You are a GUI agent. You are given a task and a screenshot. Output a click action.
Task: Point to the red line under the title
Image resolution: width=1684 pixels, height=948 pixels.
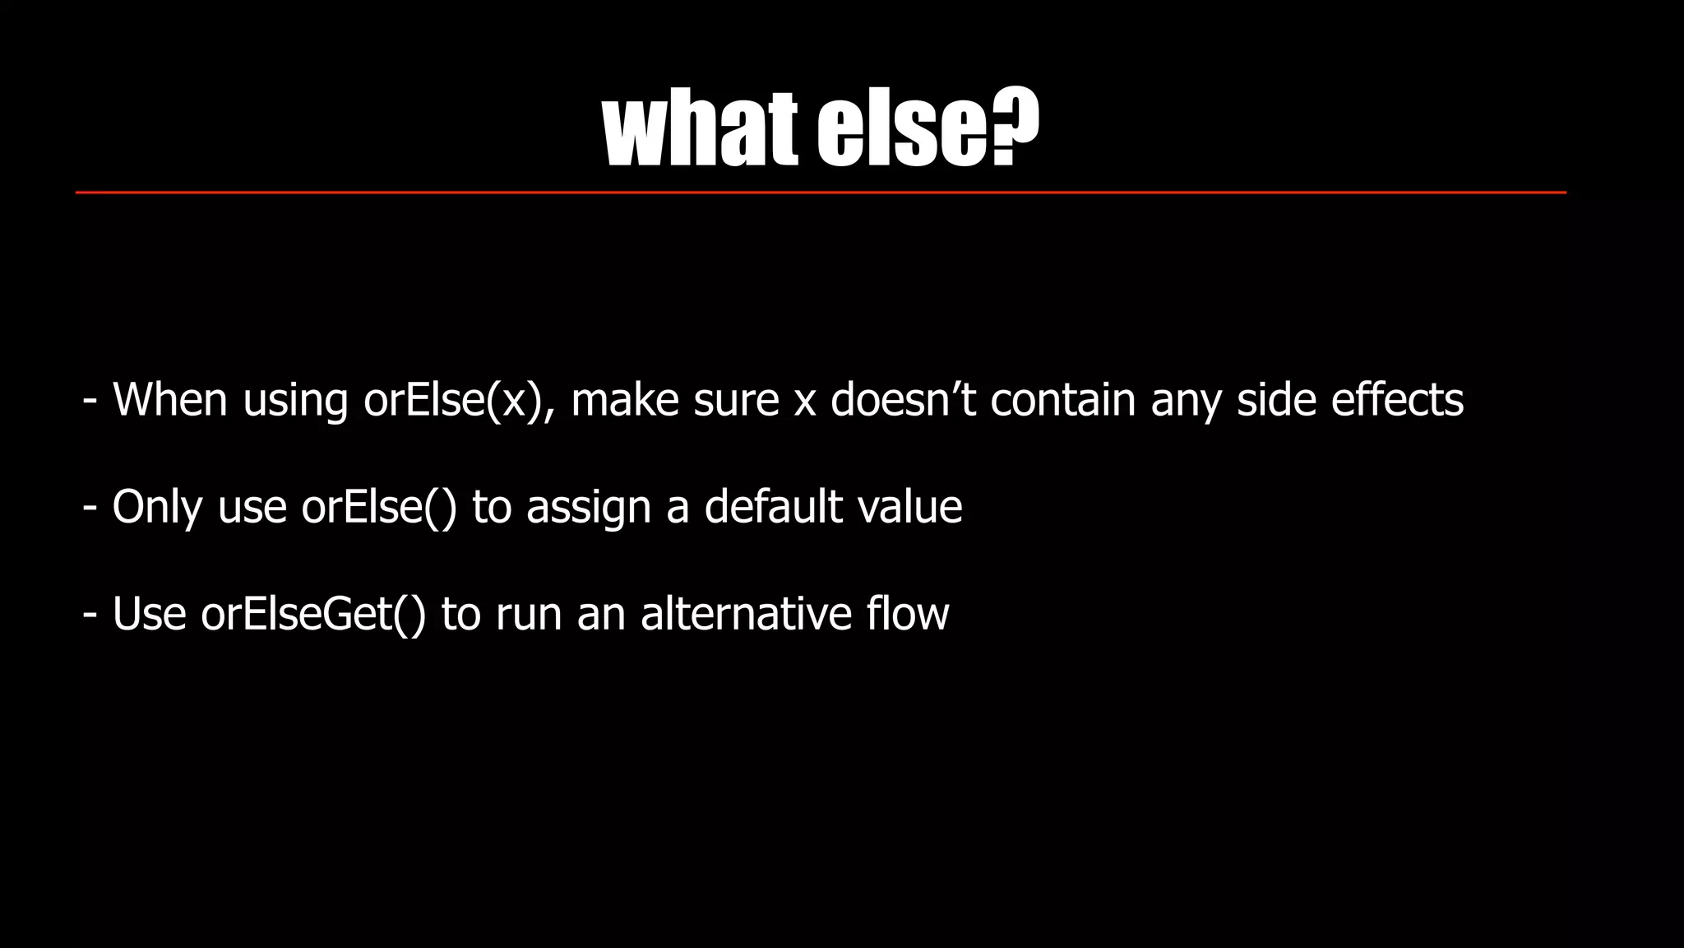pyautogui.click(x=821, y=193)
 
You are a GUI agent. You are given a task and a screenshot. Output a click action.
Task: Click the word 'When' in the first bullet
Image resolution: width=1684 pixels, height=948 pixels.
pyautogui.click(x=169, y=400)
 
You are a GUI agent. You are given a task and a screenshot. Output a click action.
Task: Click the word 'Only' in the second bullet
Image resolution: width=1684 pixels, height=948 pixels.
pyautogui.click(x=157, y=507)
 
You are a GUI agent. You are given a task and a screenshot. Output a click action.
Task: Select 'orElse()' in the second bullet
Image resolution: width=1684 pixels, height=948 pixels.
pyautogui.click(x=378, y=507)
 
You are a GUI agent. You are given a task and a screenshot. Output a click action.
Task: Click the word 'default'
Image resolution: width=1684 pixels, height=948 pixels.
pyautogui.click(x=773, y=507)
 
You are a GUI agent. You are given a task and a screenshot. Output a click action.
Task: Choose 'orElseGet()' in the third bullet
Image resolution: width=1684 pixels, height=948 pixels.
pyautogui.click(x=313, y=614)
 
